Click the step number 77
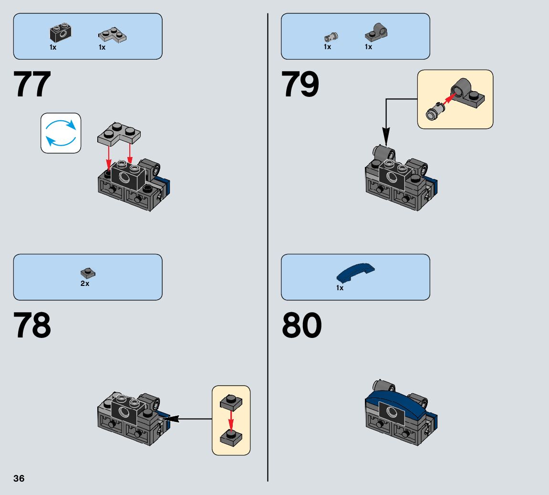tap(32, 85)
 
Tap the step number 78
tap(32, 326)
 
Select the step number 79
tap(300, 85)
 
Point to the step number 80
tap(301, 326)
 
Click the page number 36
tap(19, 479)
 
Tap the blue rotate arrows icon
tap(61, 133)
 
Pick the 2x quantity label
tap(85, 284)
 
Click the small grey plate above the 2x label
tap(88, 273)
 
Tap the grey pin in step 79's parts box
tap(330, 36)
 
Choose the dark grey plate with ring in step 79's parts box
tap(376, 32)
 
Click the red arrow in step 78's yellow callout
tap(231, 419)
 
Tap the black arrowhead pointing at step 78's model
tap(171, 419)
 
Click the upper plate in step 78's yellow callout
tap(231, 401)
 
